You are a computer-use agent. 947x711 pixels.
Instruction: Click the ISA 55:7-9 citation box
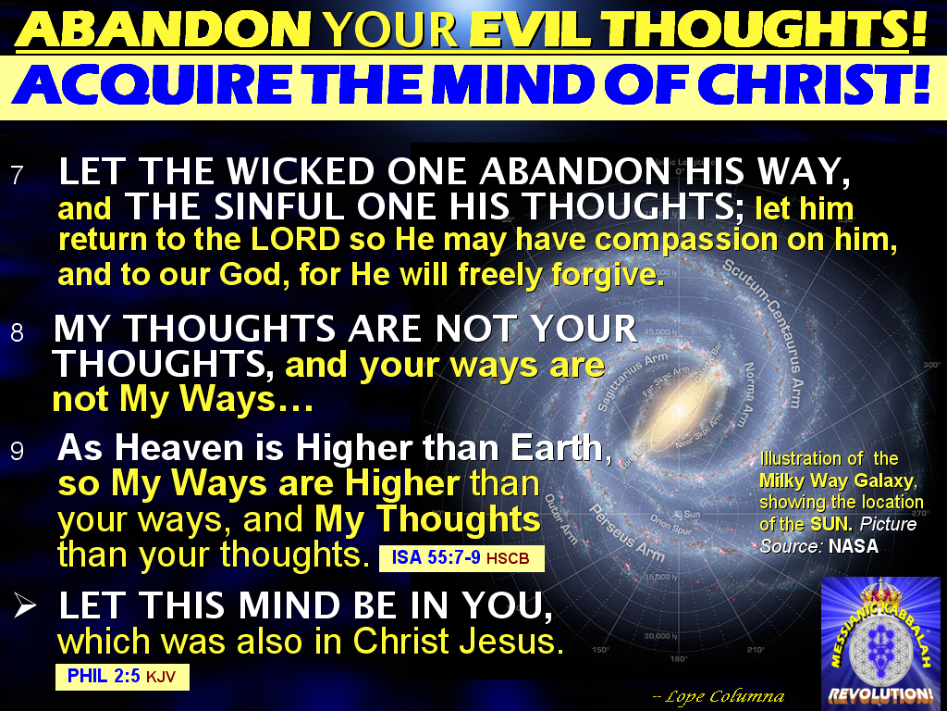tap(461, 558)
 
